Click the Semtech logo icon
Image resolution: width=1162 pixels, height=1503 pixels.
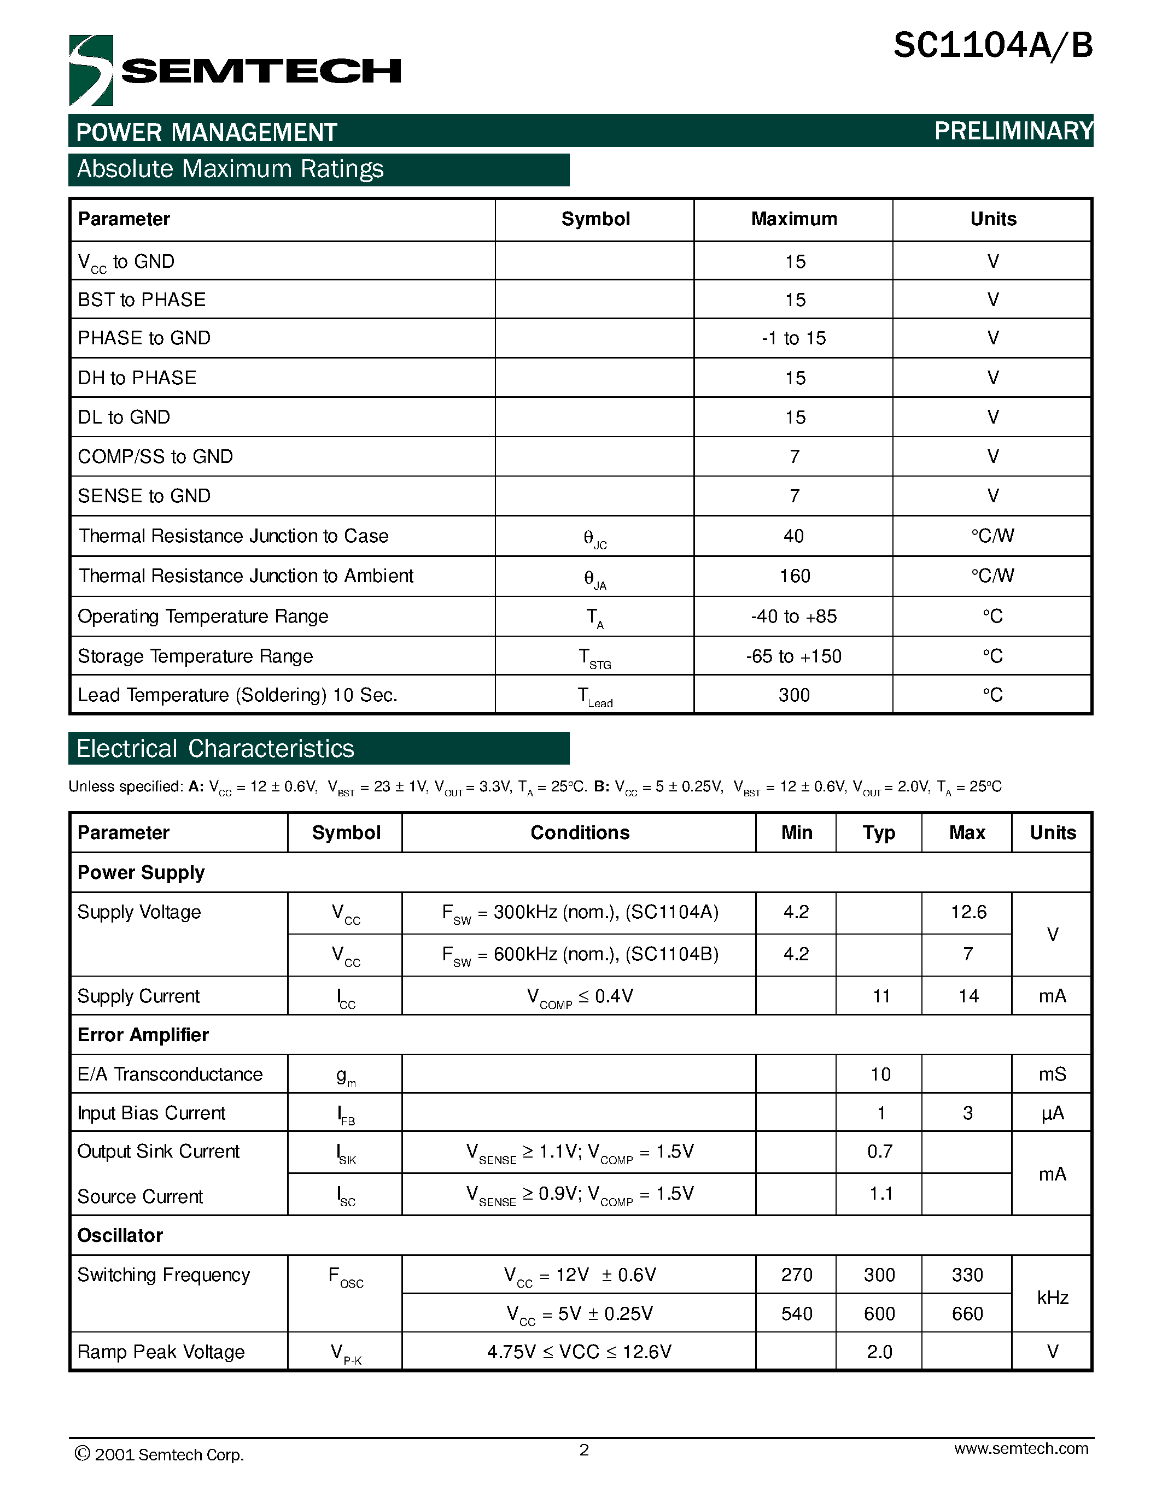(91, 70)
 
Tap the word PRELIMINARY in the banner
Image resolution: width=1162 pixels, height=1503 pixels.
(1013, 131)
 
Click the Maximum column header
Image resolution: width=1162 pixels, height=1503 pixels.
(793, 219)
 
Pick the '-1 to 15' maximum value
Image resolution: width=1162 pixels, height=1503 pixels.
(793, 338)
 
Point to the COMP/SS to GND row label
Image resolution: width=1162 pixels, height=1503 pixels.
(156, 456)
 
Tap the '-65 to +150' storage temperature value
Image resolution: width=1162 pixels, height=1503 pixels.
(793, 656)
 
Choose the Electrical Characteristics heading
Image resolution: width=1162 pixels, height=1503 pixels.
(215, 749)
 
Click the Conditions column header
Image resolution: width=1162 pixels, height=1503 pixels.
(580, 833)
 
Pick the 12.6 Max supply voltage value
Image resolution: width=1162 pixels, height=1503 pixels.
(968, 913)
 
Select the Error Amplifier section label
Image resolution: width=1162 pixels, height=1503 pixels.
(143, 1035)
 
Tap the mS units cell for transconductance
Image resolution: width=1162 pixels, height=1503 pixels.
(1052, 1075)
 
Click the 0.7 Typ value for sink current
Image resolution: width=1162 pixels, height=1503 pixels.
(880, 1152)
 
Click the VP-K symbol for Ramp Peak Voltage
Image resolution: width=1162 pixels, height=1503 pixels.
(346, 1353)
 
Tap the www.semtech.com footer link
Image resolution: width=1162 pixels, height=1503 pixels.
(1021, 1449)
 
